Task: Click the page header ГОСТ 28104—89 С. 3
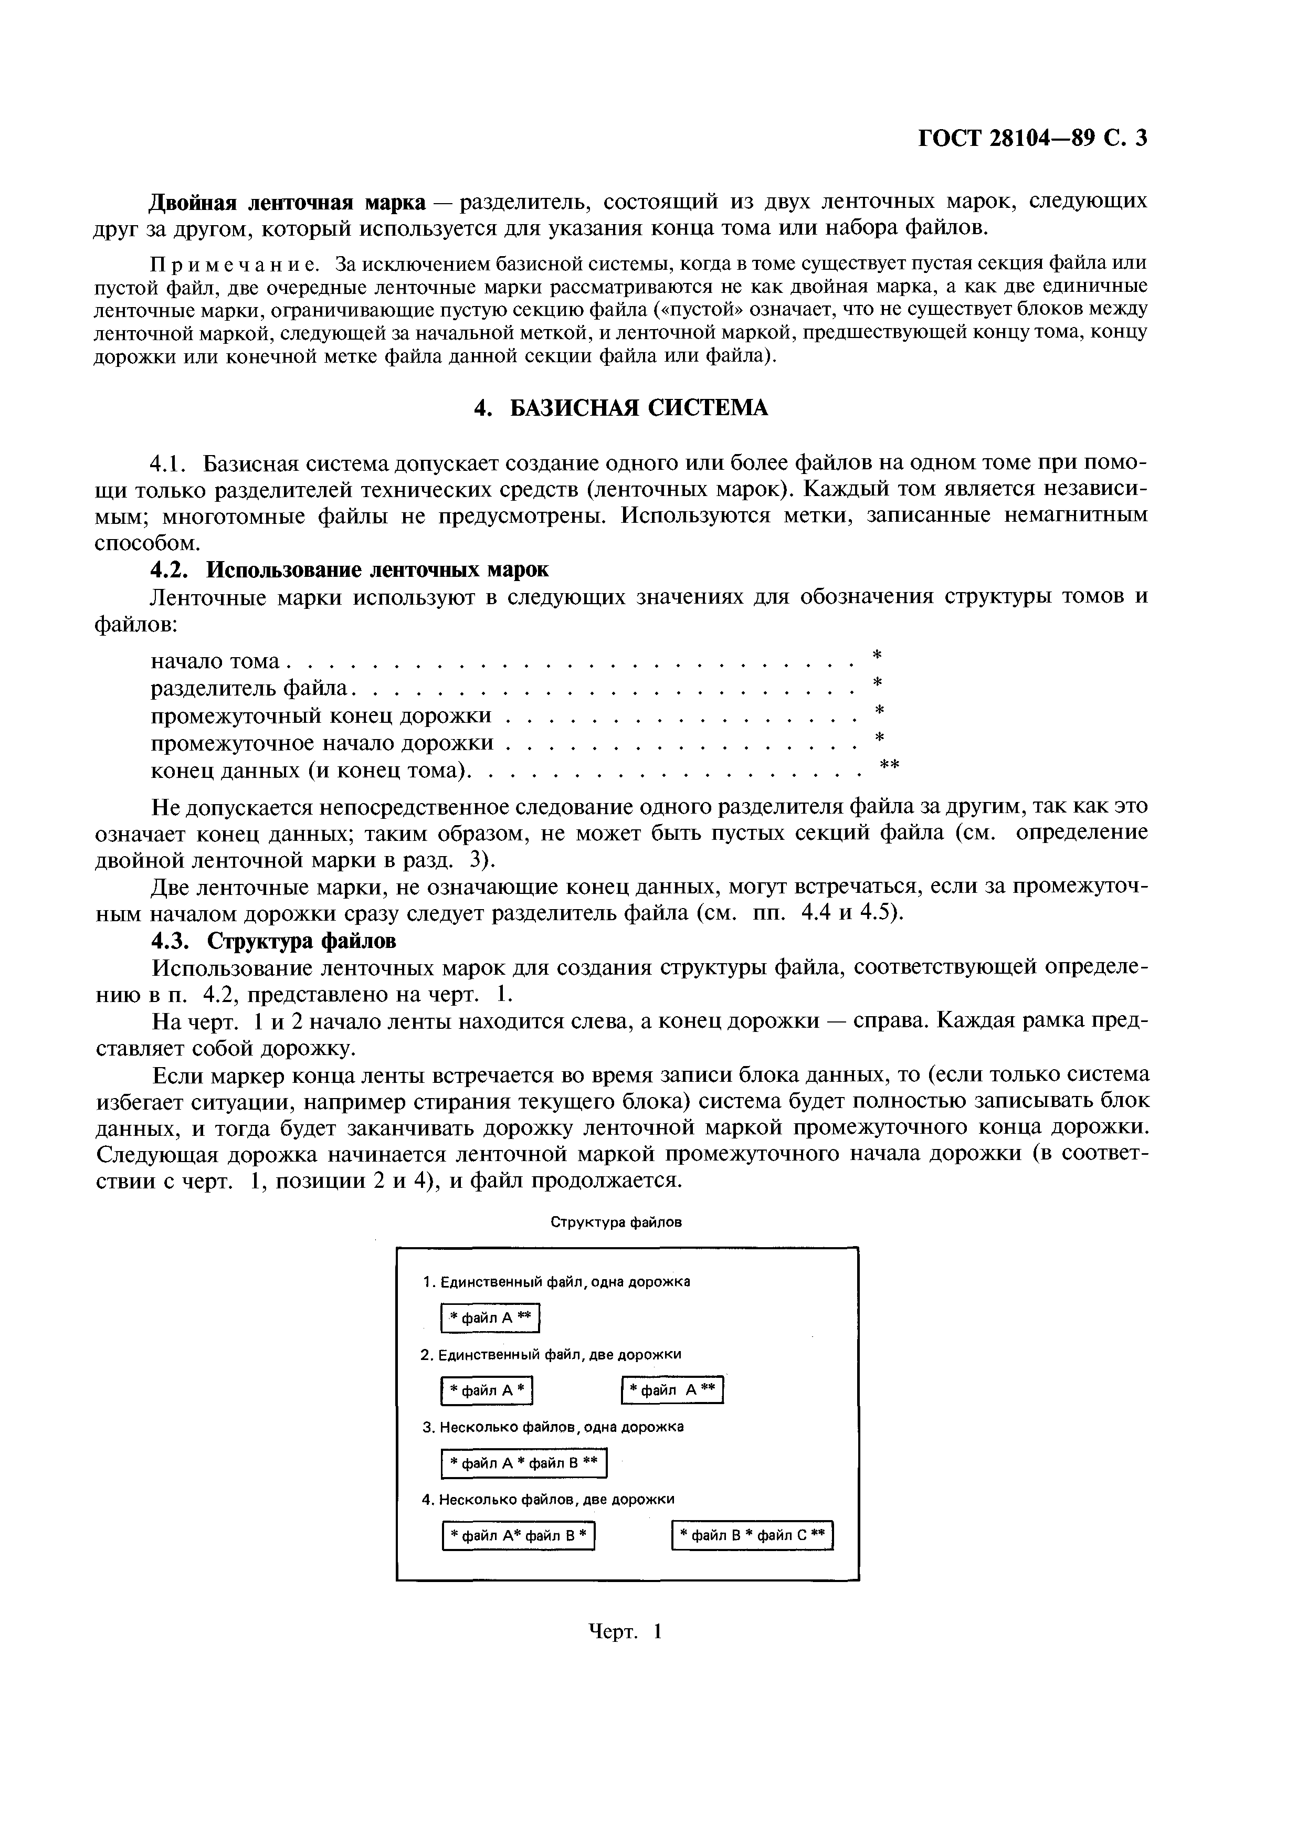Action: coord(1032,139)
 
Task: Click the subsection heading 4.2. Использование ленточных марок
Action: coord(350,570)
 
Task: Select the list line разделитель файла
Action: coord(251,688)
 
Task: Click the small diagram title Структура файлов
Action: coord(616,1222)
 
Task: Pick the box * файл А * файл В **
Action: coord(523,1463)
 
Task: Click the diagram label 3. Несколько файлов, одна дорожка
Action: coord(553,1427)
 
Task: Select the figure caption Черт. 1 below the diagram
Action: coord(625,1632)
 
